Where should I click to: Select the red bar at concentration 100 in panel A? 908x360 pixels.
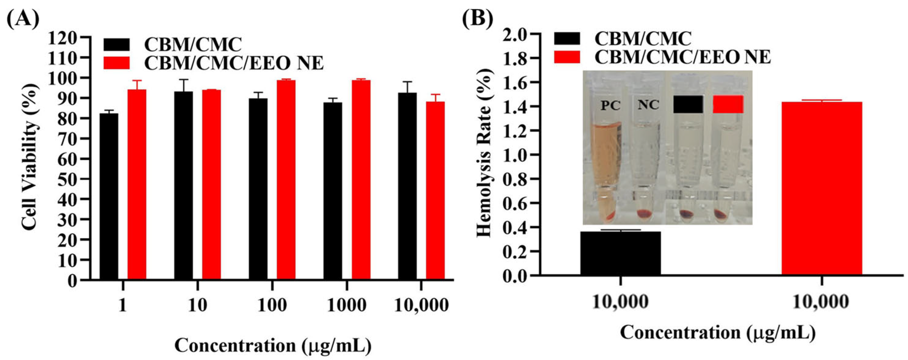click(x=286, y=180)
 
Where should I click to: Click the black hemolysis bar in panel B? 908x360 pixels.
click(x=620, y=253)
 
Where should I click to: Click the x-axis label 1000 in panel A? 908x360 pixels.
click(x=347, y=305)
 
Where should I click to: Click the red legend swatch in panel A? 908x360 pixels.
click(x=117, y=63)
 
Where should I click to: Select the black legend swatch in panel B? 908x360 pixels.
click(x=567, y=39)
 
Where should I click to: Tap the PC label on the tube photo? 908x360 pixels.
click(x=610, y=105)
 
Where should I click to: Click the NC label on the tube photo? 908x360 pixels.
click(x=649, y=105)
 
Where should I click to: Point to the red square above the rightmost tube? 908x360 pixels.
click(x=728, y=104)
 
